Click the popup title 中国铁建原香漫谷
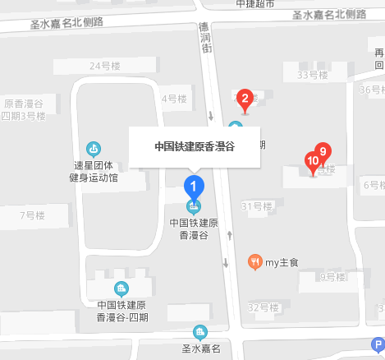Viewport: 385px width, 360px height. pos(195,147)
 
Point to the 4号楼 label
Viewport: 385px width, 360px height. pos(175,99)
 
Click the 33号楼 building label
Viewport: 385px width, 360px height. pos(312,75)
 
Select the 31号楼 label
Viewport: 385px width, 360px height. pos(256,205)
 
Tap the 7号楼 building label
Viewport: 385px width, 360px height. pos(32,216)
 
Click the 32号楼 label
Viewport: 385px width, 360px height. pos(264,307)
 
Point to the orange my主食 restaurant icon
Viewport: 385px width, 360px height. pos(254,262)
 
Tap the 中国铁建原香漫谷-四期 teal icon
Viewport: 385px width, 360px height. pos(121,288)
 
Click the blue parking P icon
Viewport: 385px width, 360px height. pos(378,345)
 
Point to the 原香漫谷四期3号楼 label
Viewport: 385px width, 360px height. pos(24,109)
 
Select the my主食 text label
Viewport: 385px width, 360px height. pos(281,263)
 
